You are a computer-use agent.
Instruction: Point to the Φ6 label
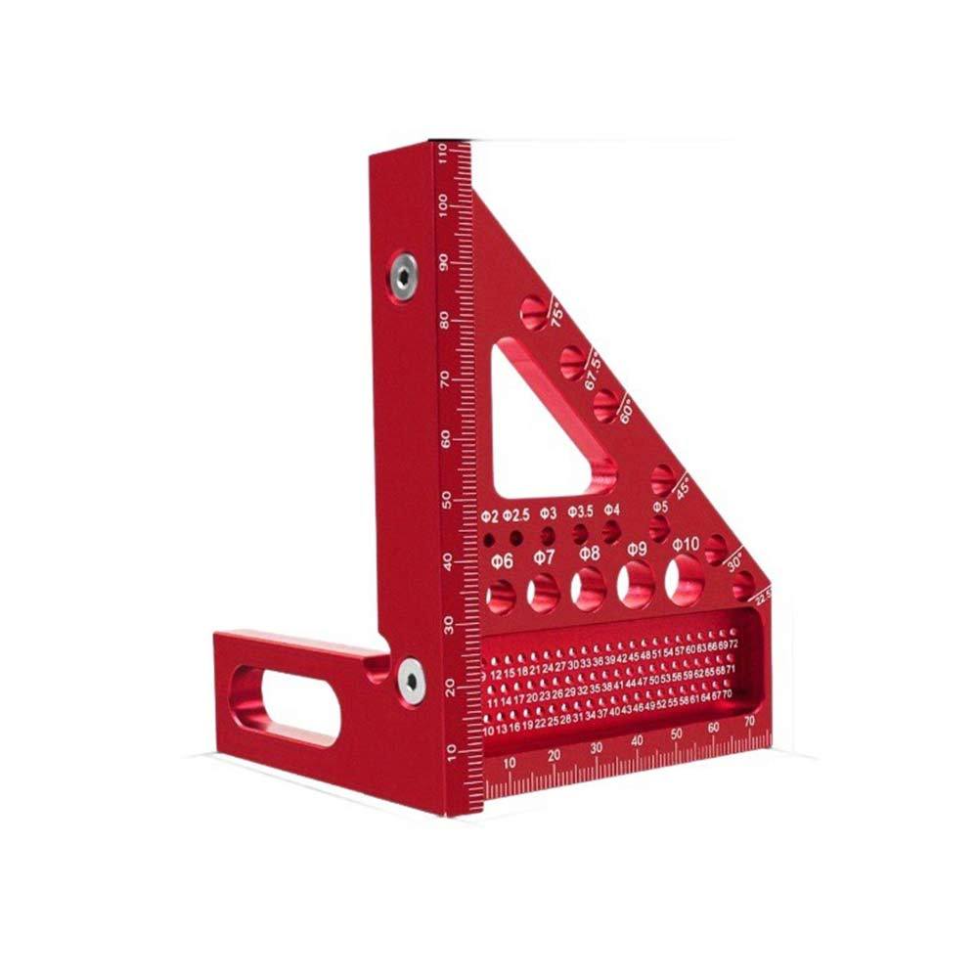[502, 560]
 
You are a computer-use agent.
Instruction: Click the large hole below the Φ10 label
[684, 584]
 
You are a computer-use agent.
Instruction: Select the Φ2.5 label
[517, 514]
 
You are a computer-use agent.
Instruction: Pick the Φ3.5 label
[581, 511]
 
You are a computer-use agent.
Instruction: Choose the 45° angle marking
[683, 485]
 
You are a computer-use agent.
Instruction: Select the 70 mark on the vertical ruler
[445, 379]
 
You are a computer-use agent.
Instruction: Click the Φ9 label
[637, 549]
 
